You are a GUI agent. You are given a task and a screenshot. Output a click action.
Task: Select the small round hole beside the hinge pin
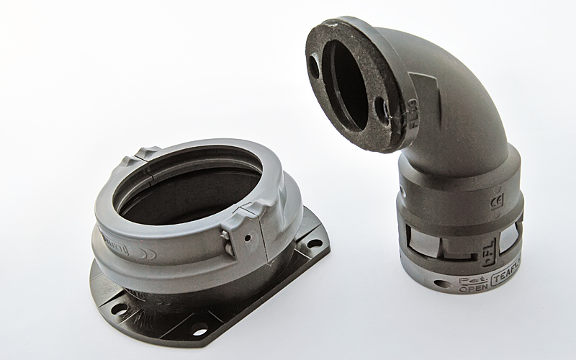pos(246,237)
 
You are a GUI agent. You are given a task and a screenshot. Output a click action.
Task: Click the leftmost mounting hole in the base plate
pos(120,307)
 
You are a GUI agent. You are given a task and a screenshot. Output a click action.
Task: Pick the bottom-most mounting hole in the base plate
pos(199,332)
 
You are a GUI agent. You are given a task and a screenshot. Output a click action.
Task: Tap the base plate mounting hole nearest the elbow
pos(315,243)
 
